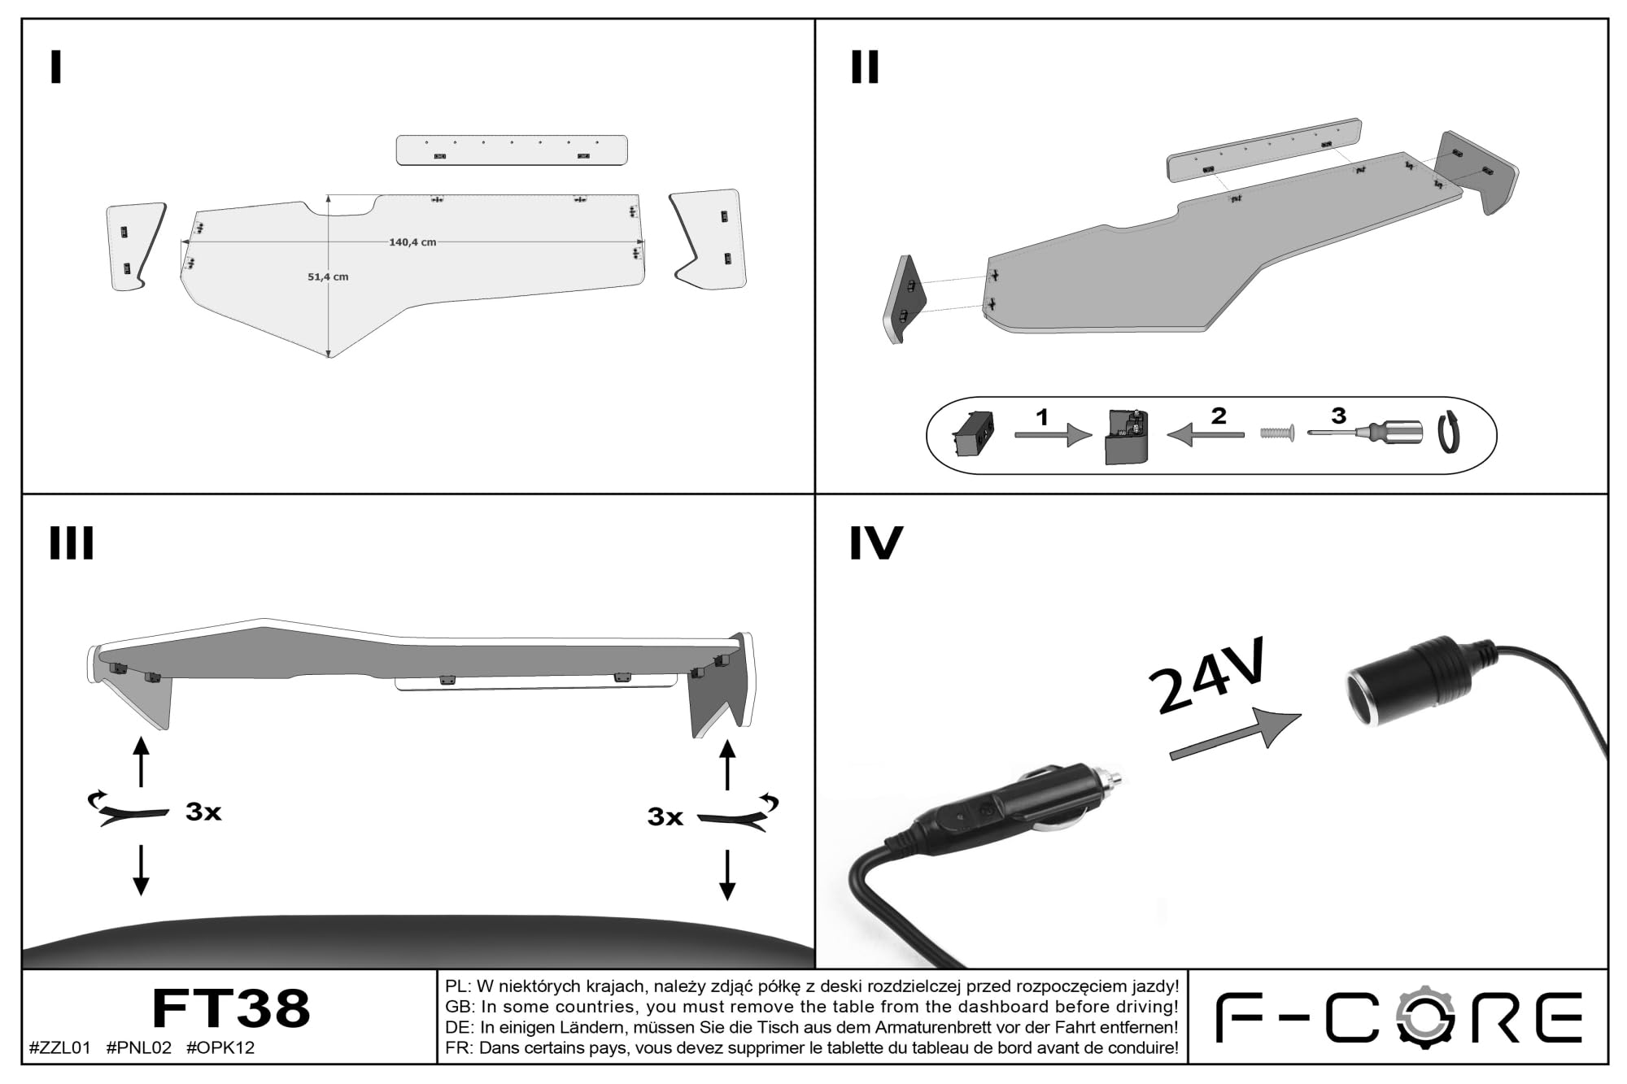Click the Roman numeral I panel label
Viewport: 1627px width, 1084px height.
point(55,67)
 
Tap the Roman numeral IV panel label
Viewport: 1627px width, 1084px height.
point(876,543)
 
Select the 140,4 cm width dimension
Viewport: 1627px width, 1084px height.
point(412,242)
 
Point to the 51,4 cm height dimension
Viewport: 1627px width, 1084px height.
point(328,276)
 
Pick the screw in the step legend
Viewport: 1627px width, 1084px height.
point(1277,433)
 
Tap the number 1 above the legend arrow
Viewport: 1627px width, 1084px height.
point(1042,417)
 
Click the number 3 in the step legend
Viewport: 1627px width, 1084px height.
point(1338,416)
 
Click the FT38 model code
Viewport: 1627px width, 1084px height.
point(231,1008)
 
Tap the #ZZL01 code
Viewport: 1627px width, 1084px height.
point(59,1048)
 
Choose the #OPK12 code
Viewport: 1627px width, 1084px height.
point(220,1048)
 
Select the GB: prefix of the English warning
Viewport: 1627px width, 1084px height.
point(460,1007)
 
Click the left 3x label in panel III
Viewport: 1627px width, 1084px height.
point(203,812)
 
